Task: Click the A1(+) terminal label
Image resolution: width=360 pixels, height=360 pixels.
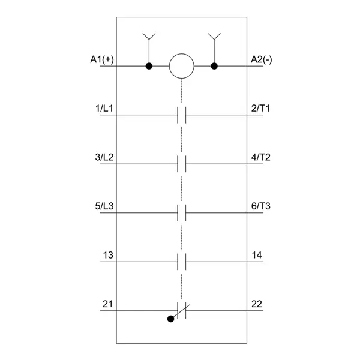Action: pos(102,59)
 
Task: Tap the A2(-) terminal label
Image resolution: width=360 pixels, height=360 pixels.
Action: pos(261,59)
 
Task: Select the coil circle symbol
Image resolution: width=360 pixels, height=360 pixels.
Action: pos(182,66)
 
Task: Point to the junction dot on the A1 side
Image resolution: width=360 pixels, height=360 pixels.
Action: pos(149,66)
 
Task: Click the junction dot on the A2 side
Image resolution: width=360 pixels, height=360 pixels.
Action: pos(214,66)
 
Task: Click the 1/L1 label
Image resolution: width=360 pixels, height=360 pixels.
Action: pos(104,109)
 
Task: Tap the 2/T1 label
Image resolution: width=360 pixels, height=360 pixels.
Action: pos(260,109)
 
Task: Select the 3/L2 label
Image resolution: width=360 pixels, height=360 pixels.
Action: pos(104,157)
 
